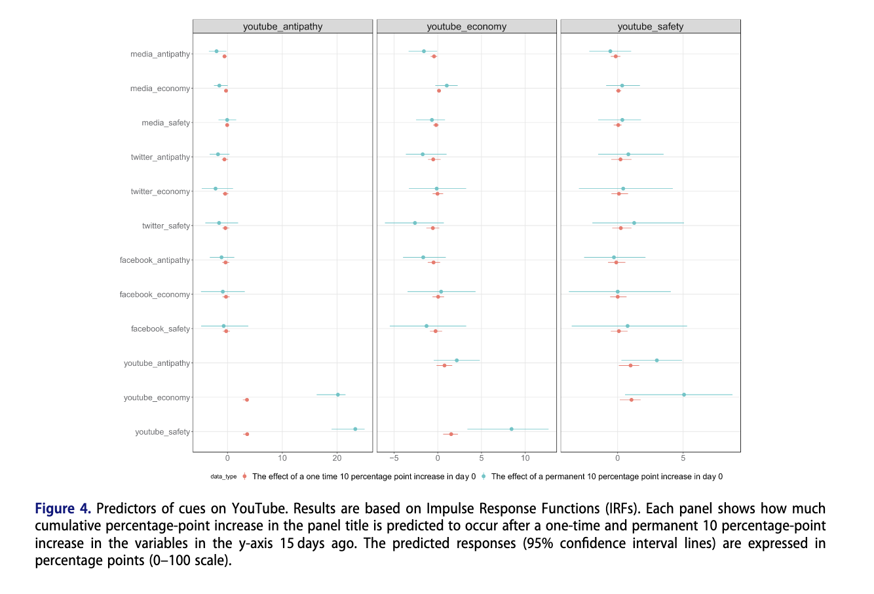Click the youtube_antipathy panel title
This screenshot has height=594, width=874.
[x=282, y=27]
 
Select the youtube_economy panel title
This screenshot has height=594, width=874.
[x=466, y=27]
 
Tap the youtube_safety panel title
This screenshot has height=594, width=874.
[x=650, y=27]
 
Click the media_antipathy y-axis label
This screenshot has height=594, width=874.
[x=160, y=54]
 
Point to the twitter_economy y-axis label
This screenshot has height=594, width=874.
[x=160, y=191]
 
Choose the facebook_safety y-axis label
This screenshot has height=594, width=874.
[x=160, y=329]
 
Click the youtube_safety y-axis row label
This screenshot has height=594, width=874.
[x=162, y=432]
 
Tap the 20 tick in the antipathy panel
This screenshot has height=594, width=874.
[x=337, y=458]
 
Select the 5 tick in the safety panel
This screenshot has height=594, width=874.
[x=683, y=458]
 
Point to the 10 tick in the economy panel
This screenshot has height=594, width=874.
[x=525, y=458]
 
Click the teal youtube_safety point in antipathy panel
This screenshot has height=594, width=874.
[x=355, y=429]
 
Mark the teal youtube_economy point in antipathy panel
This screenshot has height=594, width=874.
[x=338, y=395]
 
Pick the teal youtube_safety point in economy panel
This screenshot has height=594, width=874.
[x=512, y=429]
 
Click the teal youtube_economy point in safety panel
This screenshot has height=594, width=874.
[x=684, y=395]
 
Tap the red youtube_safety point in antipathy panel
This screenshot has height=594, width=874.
[x=246, y=434]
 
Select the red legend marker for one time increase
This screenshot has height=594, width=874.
[x=244, y=477]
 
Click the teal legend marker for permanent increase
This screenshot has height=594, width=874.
[x=484, y=477]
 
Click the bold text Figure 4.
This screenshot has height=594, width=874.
[x=63, y=509]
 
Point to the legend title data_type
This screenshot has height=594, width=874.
[x=223, y=477]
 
